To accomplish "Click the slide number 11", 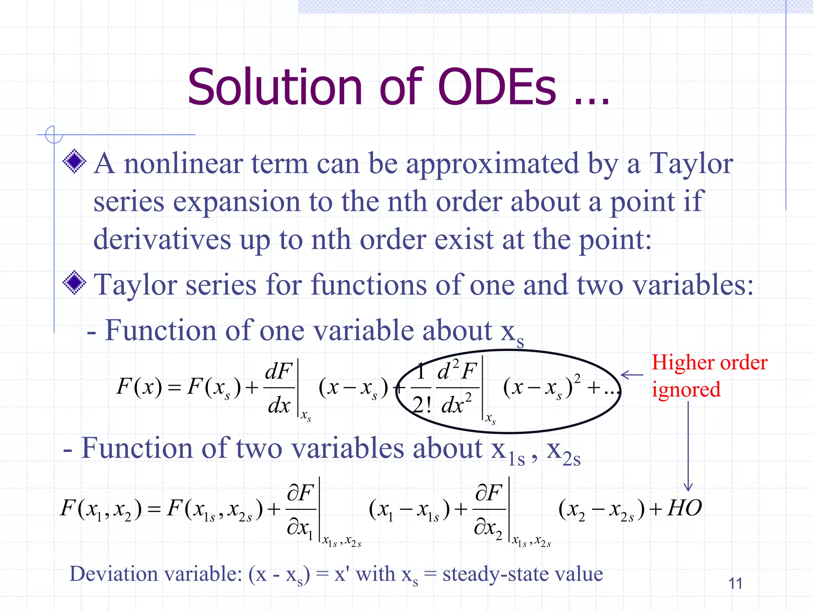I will click(x=735, y=583).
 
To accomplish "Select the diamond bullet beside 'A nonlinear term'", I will click(x=74, y=161).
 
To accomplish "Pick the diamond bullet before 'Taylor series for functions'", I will click(x=74, y=283).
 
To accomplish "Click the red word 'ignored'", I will click(x=686, y=390).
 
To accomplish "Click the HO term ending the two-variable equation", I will click(x=684, y=508).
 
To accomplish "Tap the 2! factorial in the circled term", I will click(x=422, y=405).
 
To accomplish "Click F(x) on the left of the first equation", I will click(x=139, y=386).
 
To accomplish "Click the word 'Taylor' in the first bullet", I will click(x=691, y=164).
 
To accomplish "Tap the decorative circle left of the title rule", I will click(x=54, y=135).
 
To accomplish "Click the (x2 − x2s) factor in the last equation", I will click(x=601, y=509).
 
